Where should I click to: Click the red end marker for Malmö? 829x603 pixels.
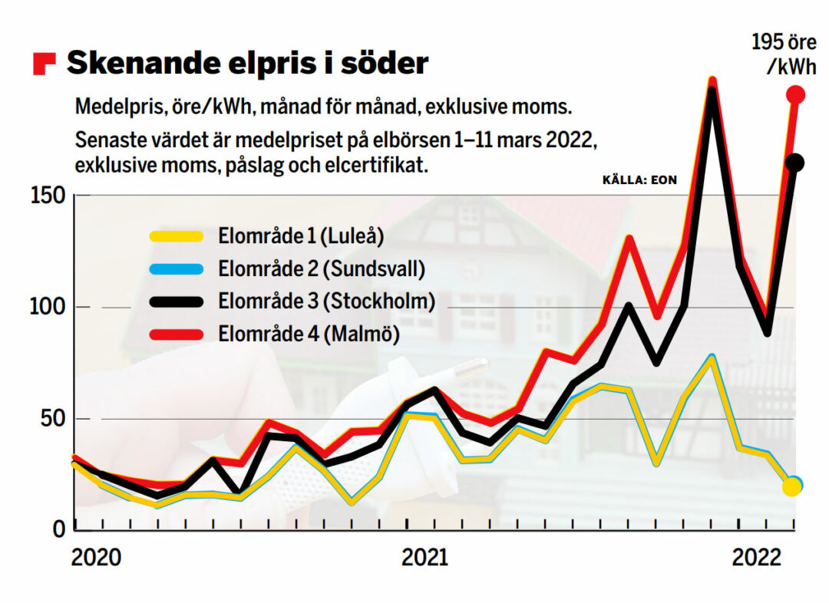click(x=796, y=95)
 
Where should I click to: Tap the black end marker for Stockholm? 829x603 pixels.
click(x=795, y=163)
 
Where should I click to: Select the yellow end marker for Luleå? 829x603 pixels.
click(x=791, y=487)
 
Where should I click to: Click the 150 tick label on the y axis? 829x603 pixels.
click(x=48, y=196)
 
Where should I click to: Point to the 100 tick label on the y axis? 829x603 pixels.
click(x=48, y=308)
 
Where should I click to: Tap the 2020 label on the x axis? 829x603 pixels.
click(x=96, y=558)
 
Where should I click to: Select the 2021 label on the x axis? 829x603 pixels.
click(x=424, y=558)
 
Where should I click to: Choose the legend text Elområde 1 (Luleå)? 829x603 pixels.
click(x=300, y=236)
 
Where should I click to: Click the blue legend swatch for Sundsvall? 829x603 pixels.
click(x=177, y=269)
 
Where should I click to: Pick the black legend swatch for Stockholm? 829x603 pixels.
click(x=177, y=301)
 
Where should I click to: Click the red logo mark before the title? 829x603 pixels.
click(x=45, y=64)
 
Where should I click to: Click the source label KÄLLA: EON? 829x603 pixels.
click(x=640, y=181)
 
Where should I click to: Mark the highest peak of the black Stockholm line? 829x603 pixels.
click(x=712, y=94)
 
